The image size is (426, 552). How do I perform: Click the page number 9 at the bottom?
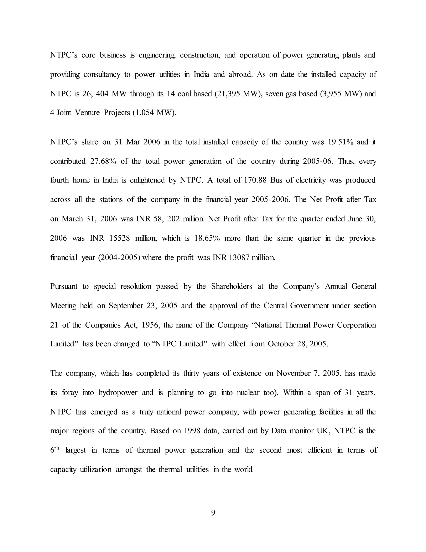(213, 513)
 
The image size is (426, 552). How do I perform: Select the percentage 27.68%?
(103, 161)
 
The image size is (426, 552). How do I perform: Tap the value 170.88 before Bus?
(255, 180)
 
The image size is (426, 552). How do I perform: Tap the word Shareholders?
(232, 286)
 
